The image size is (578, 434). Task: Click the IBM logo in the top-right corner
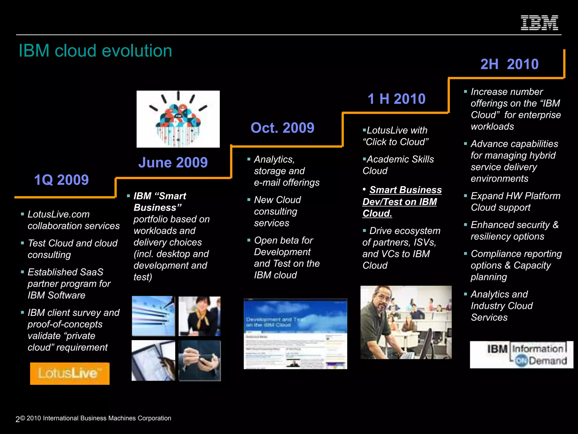[x=539, y=23]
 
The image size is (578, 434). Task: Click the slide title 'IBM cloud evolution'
[x=95, y=51]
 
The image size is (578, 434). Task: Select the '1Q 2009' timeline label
[x=61, y=180]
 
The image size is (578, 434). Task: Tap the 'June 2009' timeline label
[x=173, y=162]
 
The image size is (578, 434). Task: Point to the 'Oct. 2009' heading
[x=282, y=128]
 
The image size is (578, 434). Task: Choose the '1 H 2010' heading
[x=396, y=99]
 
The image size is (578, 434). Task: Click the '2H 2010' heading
[x=509, y=64]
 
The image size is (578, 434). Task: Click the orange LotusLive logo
[x=70, y=373]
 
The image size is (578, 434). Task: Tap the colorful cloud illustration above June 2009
[x=178, y=119]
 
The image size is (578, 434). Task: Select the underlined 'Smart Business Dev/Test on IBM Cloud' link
[x=402, y=201]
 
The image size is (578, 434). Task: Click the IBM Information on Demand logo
[x=521, y=355]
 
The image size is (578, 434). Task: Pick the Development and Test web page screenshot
[x=295, y=334]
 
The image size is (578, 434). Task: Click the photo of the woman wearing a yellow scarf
[x=199, y=316]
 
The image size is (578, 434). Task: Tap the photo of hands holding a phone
[x=199, y=360]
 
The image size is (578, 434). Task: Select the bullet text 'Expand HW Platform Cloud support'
[x=515, y=201]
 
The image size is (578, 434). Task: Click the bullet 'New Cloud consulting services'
[x=277, y=211]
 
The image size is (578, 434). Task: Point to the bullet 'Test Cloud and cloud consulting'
[x=72, y=249]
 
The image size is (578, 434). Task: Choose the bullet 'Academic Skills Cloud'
[x=398, y=165]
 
